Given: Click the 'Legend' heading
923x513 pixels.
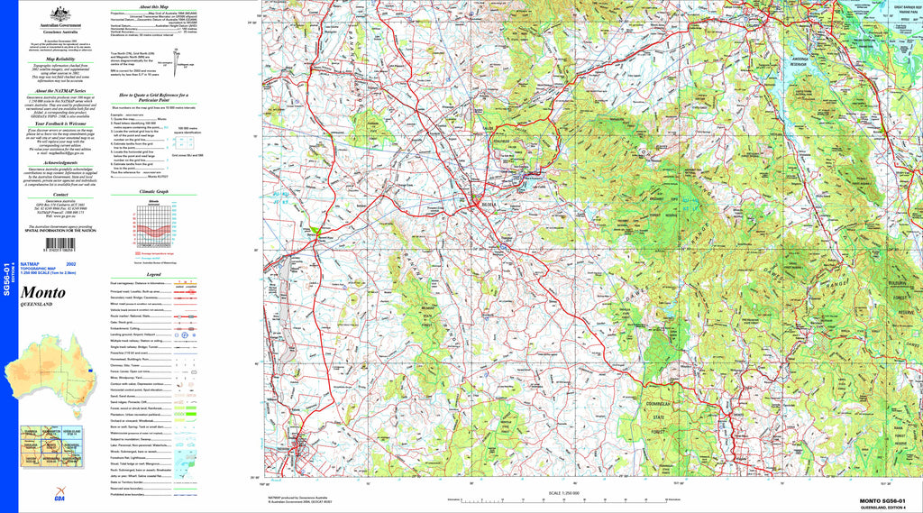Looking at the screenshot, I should tap(153, 274).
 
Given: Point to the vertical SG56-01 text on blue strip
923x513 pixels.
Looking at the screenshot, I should tap(7, 279).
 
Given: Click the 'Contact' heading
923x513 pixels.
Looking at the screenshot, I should tap(60, 194).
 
